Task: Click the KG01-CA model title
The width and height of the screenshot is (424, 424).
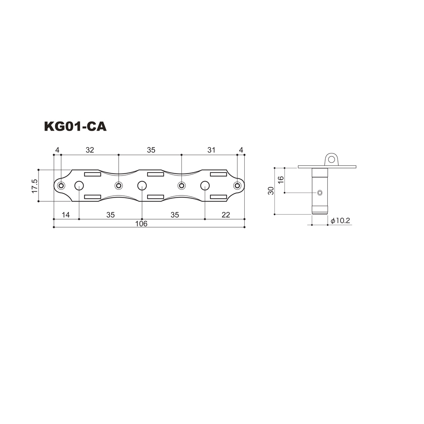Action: (75, 126)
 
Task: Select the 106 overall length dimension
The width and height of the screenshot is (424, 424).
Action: (141, 223)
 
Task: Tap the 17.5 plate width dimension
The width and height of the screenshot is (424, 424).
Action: (35, 186)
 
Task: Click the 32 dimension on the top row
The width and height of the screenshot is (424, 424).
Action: (90, 150)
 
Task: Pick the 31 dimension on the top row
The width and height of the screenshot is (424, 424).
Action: (211, 150)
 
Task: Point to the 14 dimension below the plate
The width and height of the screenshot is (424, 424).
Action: (66, 215)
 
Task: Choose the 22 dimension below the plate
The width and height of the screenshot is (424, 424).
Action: (226, 215)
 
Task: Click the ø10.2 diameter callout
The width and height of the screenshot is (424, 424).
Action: (340, 220)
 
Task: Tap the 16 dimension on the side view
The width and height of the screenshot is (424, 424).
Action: (281, 179)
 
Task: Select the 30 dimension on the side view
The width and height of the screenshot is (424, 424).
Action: (271, 191)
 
